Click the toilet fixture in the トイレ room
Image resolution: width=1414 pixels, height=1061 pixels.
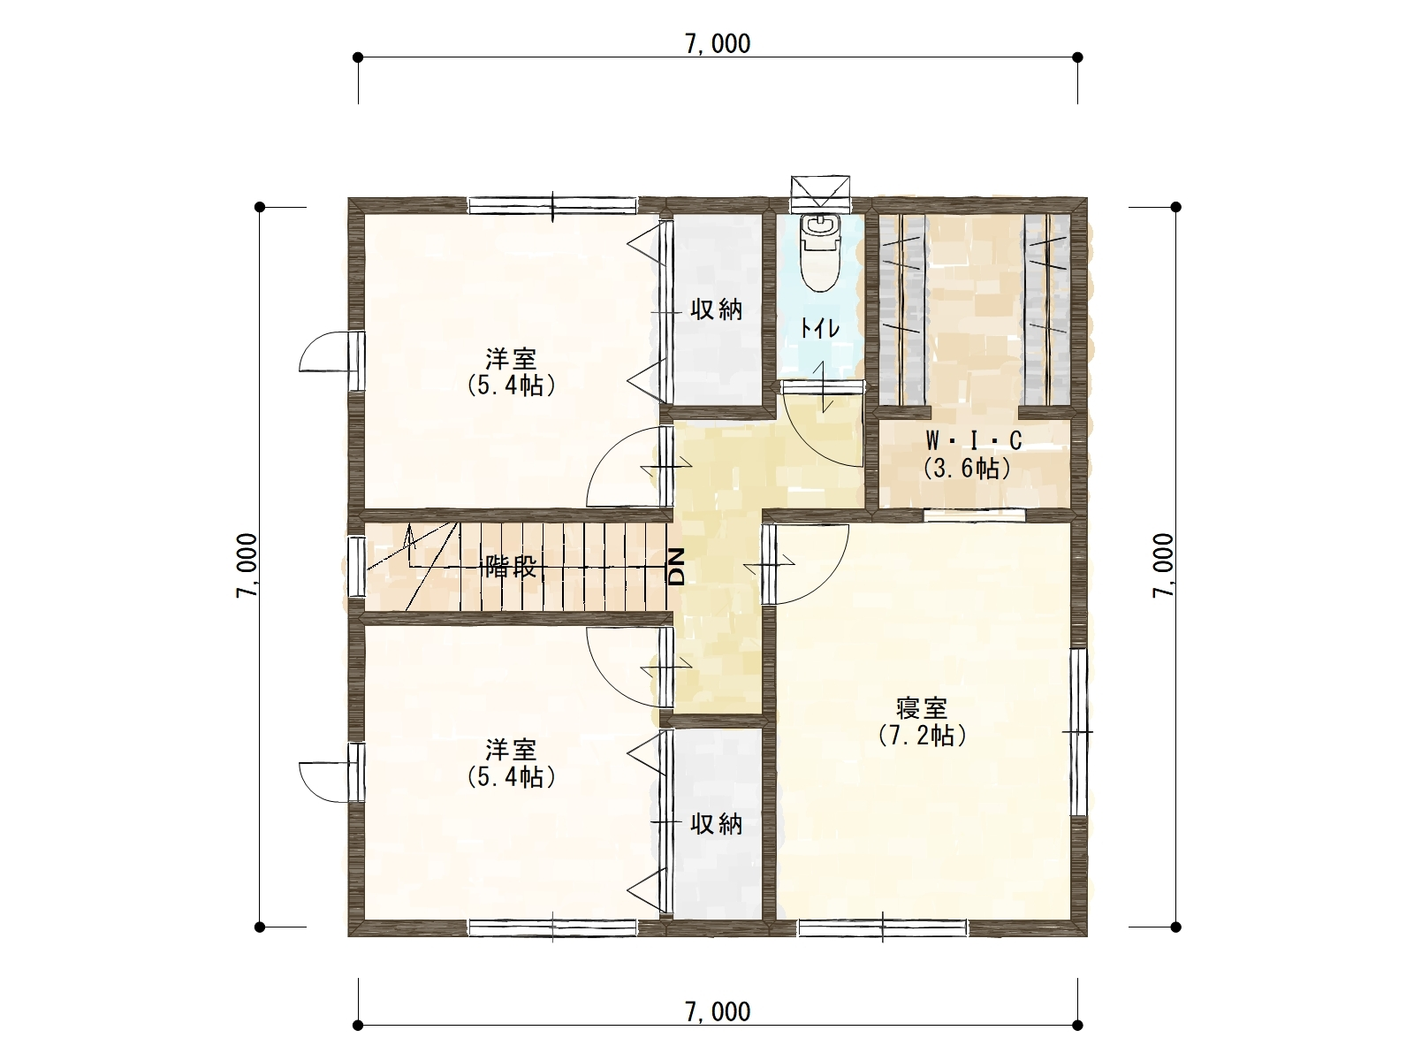[821, 252]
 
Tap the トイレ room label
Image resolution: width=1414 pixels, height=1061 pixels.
[820, 329]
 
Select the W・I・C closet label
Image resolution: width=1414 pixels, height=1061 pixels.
[974, 440]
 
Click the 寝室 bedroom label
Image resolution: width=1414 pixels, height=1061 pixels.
[922, 708]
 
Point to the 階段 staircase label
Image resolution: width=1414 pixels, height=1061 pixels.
[509, 568]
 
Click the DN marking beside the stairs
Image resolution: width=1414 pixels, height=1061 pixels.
[675, 568]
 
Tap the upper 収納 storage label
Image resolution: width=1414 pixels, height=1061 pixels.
[717, 309]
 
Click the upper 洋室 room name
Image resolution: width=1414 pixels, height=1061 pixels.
[511, 358]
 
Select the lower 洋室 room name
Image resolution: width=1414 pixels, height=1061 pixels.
[511, 750]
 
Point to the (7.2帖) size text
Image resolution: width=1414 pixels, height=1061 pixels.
[922, 735]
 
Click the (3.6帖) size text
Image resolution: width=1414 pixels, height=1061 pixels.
[967, 468]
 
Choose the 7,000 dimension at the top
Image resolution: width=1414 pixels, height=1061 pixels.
[718, 44]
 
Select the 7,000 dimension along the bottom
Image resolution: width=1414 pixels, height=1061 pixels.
[718, 1012]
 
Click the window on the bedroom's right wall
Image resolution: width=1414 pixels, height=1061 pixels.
[1078, 732]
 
